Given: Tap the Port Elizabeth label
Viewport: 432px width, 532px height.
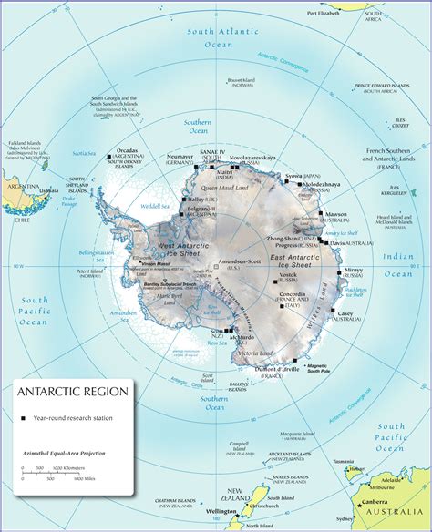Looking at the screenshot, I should [x=324, y=14].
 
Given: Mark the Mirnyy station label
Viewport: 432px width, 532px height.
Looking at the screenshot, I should [x=354, y=270].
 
